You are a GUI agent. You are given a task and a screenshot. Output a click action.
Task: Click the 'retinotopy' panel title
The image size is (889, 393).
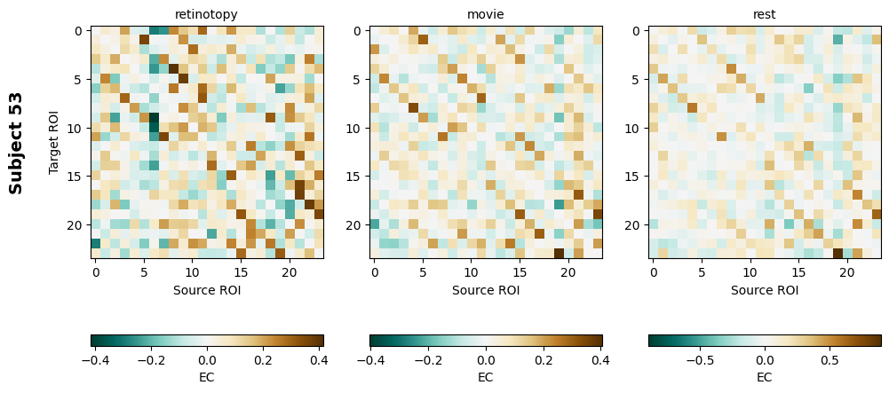click(206, 14)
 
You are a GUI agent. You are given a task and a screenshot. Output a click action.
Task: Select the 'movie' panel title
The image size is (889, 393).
click(486, 14)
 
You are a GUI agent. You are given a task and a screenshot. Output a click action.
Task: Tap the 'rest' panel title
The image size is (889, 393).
click(765, 14)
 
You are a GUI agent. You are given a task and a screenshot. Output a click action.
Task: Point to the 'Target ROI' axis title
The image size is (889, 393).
click(55, 143)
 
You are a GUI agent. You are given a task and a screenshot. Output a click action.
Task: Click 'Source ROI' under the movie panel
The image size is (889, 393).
click(486, 290)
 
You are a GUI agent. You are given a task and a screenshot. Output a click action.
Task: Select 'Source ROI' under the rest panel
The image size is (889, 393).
click(765, 290)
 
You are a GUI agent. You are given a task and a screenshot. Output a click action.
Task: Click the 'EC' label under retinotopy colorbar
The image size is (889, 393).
click(206, 377)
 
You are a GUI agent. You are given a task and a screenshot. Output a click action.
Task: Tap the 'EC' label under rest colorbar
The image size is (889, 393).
click(765, 377)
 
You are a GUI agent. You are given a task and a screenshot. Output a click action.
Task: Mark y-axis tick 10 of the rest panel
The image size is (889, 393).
click(636, 128)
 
